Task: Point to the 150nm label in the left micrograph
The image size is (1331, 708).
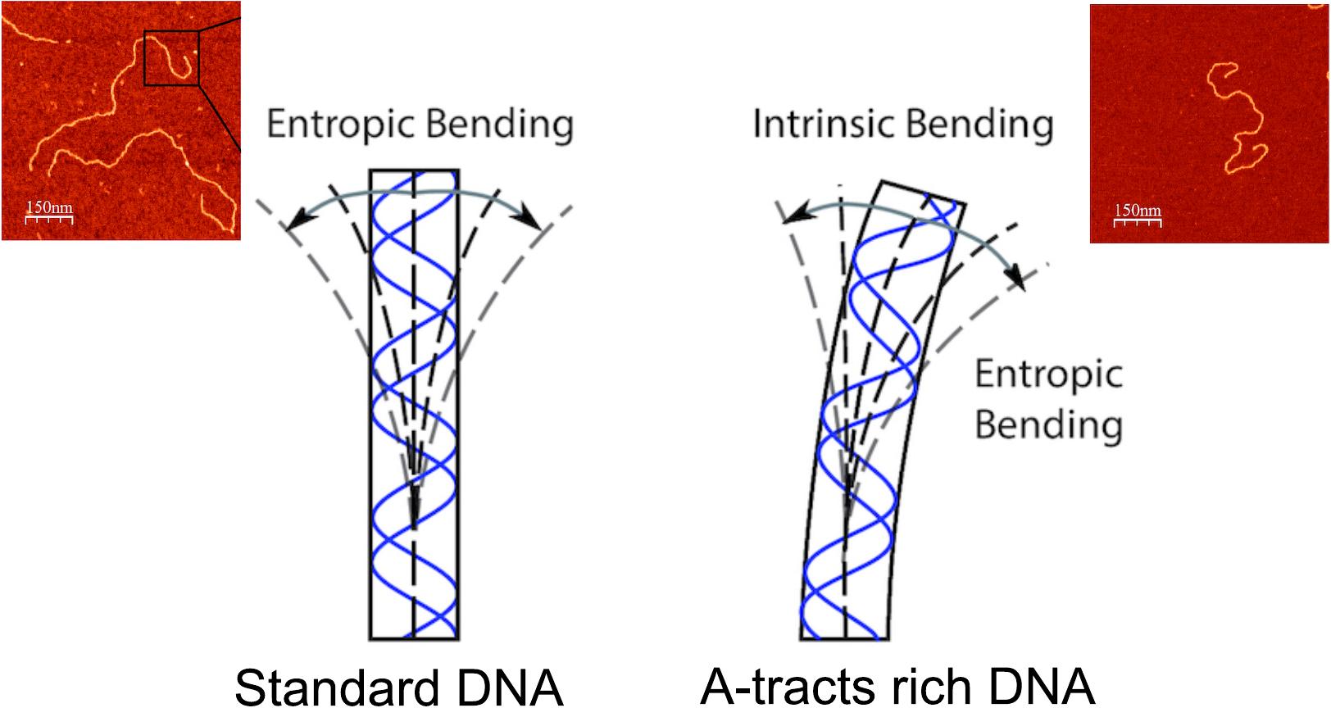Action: [x=49, y=207]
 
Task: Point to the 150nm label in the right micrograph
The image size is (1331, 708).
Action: [x=1138, y=211]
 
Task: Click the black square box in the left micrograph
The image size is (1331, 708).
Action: [x=171, y=57]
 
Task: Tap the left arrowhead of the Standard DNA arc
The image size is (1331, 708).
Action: [x=289, y=223]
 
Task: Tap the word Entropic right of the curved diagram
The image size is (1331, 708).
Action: [x=1048, y=375]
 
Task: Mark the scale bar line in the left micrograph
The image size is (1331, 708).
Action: [x=49, y=219]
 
